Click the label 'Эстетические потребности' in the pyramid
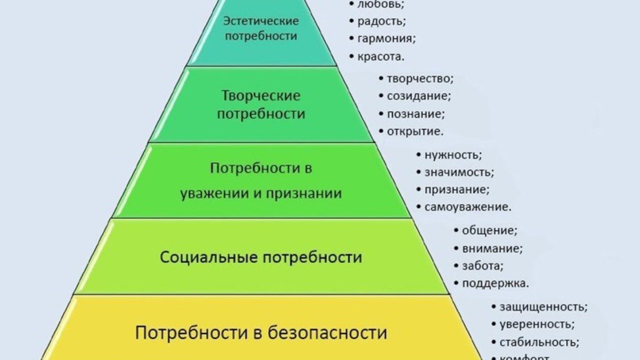260,28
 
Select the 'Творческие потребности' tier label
260,104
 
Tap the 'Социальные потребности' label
260,257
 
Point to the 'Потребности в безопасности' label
261,332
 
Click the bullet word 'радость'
381,21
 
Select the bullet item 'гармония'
386,38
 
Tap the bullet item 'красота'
380,56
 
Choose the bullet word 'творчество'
419,78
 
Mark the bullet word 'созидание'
418,95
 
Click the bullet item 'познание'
415,113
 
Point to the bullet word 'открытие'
414,131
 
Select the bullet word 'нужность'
453,154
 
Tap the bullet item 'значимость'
458,172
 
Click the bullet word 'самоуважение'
467,207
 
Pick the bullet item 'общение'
489,230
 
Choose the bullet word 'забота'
482,265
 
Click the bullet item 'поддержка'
495,283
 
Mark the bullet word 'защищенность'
543,306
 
